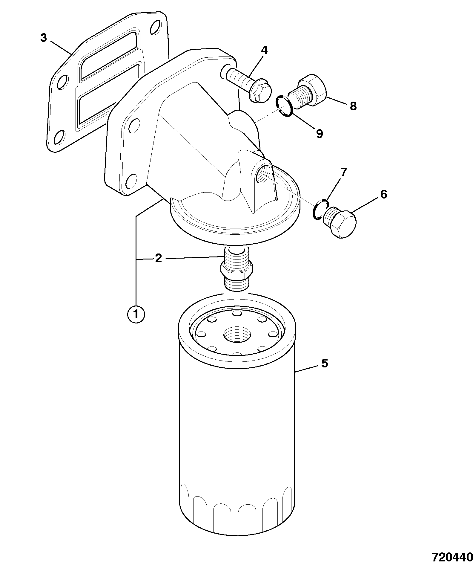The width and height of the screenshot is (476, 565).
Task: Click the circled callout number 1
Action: click(x=136, y=314)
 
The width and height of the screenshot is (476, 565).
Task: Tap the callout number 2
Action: click(x=158, y=258)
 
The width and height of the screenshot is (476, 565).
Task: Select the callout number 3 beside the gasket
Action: click(x=44, y=38)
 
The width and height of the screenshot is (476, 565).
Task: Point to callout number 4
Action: click(x=264, y=50)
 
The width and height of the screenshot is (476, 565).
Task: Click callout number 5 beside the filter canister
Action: click(x=325, y=364)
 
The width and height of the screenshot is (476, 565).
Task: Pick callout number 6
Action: click(x=384, y=195)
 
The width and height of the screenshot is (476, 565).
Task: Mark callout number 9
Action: click(x=320, y=134)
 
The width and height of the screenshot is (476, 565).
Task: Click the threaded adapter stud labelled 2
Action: click(x=237, y=268)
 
